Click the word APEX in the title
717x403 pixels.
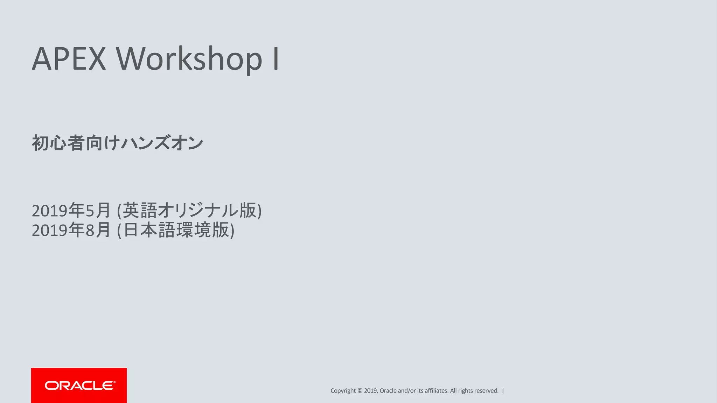point(69,59)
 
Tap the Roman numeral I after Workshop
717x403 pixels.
point(276,59)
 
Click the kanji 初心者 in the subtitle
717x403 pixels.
point(58,143)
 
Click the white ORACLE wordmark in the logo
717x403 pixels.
point(79,386)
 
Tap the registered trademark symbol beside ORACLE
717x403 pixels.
point(114,382)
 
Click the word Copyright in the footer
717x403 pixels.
point(343,391)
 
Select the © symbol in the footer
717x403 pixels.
point(360,391)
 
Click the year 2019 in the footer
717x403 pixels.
point(370,391)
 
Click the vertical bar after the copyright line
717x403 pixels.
point(503,391)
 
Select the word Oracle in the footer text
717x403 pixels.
point(388,391)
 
